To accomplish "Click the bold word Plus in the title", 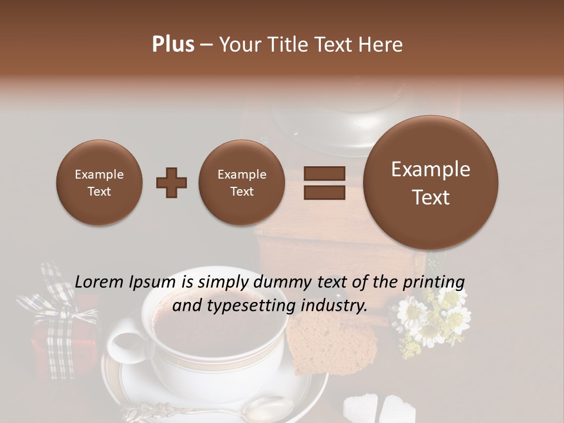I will (173, 45).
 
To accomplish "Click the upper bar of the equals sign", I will (324, 173).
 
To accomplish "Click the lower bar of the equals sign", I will (324, 193).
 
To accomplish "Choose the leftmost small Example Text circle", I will (99, 183).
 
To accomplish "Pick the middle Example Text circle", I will (242, 183).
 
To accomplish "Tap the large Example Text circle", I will (431, 183).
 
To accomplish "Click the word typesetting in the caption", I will (253, 305).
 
